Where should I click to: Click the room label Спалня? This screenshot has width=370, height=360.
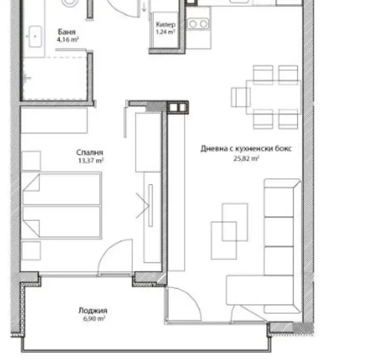90,153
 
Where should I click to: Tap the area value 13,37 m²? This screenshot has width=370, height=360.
91,161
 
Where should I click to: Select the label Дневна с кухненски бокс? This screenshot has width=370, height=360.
246,149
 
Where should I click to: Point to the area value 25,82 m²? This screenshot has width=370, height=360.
247,159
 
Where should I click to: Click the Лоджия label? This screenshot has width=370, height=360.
93,311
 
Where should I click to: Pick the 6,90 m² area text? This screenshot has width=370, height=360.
94,319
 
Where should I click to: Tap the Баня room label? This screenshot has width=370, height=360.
67,32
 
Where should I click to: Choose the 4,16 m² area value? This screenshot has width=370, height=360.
67,40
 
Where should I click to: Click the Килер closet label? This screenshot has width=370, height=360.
166,25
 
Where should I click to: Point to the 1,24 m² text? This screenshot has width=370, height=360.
165,32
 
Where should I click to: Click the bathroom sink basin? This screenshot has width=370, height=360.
35,37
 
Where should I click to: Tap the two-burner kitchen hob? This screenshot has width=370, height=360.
198,24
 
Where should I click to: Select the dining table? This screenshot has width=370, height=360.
274,97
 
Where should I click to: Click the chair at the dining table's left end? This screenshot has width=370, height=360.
241,97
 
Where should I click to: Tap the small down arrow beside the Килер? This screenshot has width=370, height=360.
144,8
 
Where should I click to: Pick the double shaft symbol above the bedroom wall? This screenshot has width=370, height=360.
178,107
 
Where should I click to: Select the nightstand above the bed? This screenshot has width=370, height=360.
31,161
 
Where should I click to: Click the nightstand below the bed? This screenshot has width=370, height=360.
31,250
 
